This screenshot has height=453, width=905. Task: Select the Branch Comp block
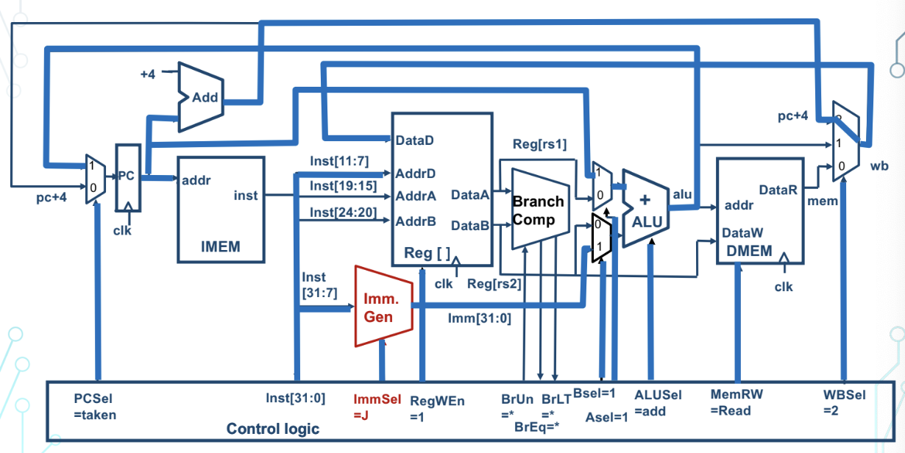point(539,210)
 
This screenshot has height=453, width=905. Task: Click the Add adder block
point(204,97)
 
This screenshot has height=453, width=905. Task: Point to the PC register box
point(129,177)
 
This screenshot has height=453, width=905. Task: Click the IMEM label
point(220,246)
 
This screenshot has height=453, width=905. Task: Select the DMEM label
point(749,250)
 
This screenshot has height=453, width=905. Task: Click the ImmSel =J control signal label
point(377,405)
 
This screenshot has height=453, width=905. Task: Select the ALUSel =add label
point(658,402)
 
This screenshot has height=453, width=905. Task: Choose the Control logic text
point(273,428)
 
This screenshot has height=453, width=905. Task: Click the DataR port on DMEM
point(778,190)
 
